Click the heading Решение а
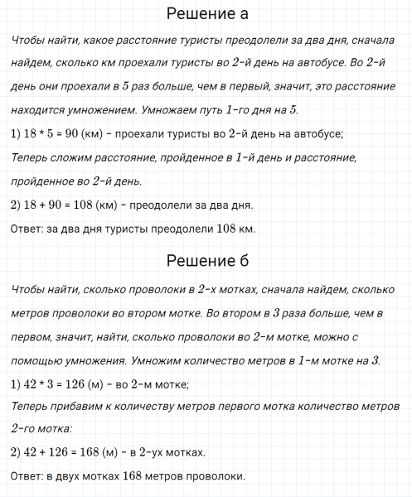coord(206,15)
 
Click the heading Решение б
coord(206,262)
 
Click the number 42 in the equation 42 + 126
coord(28,452)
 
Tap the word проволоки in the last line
coord(218,476)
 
